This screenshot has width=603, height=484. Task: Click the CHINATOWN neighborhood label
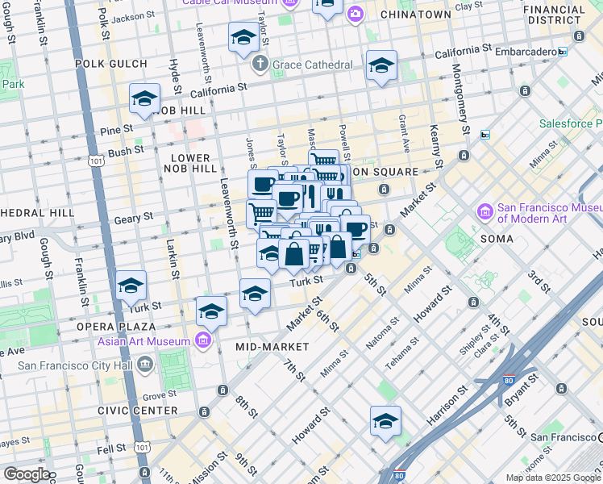click(x=416, y=15)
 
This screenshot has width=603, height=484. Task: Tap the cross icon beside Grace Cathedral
click(x=260, y=64)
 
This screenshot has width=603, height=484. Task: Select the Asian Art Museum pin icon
click(x=203, y=340)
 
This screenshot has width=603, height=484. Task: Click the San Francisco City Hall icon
click(x=145, y=365)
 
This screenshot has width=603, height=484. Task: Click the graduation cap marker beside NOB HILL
click(x=144, y=99)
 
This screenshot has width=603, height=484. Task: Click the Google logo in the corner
click(x=26, y=474)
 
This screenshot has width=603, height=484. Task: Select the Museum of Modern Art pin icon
click(x=485, y=213)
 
